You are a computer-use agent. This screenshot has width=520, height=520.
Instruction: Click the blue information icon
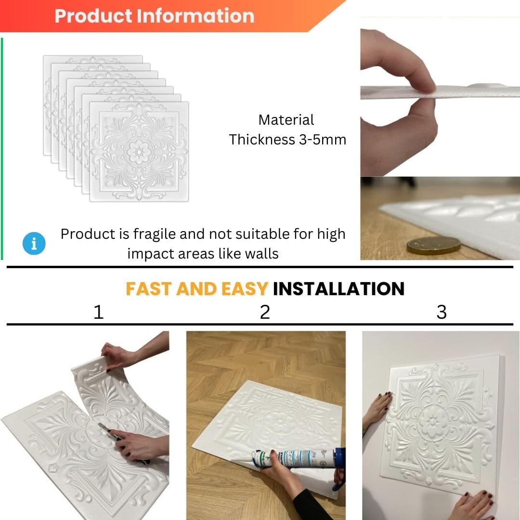click(34, 244)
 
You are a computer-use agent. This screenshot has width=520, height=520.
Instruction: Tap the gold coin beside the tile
click(434, 246)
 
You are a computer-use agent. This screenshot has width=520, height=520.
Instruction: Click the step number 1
click(99, 312)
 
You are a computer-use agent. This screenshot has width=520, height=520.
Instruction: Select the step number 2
click(265, 312)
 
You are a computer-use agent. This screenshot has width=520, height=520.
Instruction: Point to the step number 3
click(442, 312)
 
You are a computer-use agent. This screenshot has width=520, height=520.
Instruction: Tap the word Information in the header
click(195, 16)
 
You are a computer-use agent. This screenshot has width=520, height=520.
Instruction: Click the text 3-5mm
click(322, 140)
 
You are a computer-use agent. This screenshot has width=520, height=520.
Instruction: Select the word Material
click(286, 120)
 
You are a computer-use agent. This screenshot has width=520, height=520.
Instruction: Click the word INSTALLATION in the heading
click(338, 288)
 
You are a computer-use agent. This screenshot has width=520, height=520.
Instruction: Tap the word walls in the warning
click(261, 254)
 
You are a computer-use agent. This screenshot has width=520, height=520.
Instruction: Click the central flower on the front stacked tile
click(139, 152)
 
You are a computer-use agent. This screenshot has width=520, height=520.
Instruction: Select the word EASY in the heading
click(245, 288)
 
